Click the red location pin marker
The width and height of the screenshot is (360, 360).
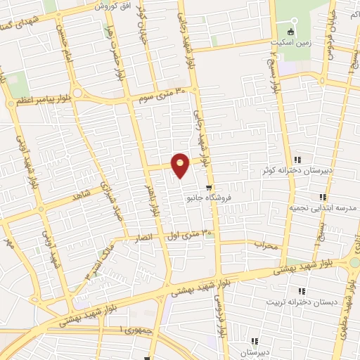pyautogui.click(x=181, y=165)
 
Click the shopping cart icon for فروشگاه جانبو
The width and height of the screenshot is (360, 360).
pyautogui.click(x=208, y=187)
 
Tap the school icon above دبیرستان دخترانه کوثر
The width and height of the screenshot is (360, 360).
pyautogui.click(x=297, y=159)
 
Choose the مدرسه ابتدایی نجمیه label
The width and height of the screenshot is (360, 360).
pyautogui.click(x=320, y=208)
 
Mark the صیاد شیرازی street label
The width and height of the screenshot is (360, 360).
pyautogui.click(x=109, y=205)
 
